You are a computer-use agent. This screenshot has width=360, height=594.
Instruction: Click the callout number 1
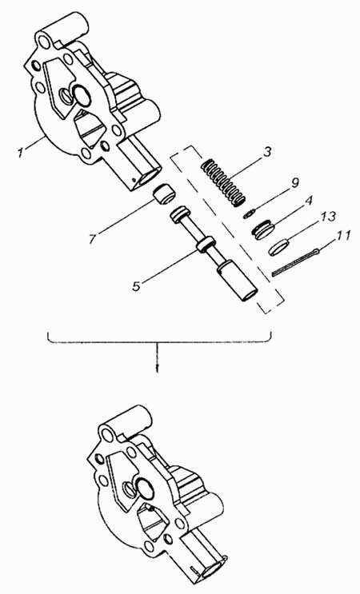point(22,153)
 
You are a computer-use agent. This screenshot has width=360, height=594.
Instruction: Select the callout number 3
point(267,153)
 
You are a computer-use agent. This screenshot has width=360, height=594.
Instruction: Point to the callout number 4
point(308,201)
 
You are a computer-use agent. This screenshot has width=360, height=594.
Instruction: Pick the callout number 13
point(327,217)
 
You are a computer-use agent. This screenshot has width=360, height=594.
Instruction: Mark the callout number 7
point(94,238)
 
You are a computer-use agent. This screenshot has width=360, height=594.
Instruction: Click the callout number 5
point(137,285)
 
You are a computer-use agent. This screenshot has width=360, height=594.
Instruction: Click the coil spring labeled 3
point(223,183)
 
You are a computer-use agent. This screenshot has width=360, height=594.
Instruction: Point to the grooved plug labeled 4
point(263,230)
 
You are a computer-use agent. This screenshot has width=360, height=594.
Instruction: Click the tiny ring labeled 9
point(249,214)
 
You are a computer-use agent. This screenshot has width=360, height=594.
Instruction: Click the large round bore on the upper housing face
point(81,94)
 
